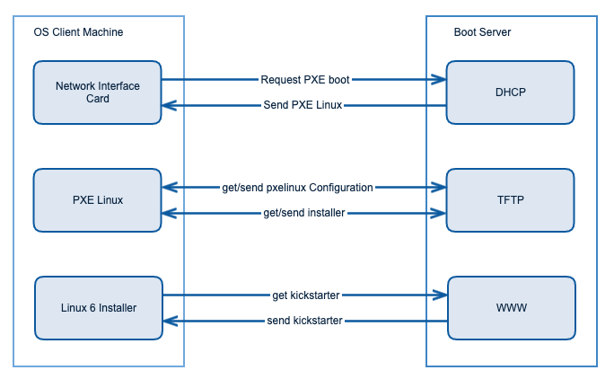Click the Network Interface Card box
coord(97,92)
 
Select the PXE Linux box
coord(97,199)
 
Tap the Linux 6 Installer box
coord(98,308)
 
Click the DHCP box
coord(510,92)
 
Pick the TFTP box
coord(510,199)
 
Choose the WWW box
coord(511,308)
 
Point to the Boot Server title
coord(482,32)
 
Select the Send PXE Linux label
coord(304,106)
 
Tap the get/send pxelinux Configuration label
coord(297,187)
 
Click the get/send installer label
coord(303,213)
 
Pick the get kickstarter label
coord(305,295)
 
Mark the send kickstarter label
coord(304,321)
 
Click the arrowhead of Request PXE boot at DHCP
coord(440,79)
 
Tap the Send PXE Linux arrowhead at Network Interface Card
coord(169,106)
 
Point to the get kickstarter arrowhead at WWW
coord(441,295)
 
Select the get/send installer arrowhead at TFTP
coord(440,213)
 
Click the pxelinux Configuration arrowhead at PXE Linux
coord(169,187)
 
